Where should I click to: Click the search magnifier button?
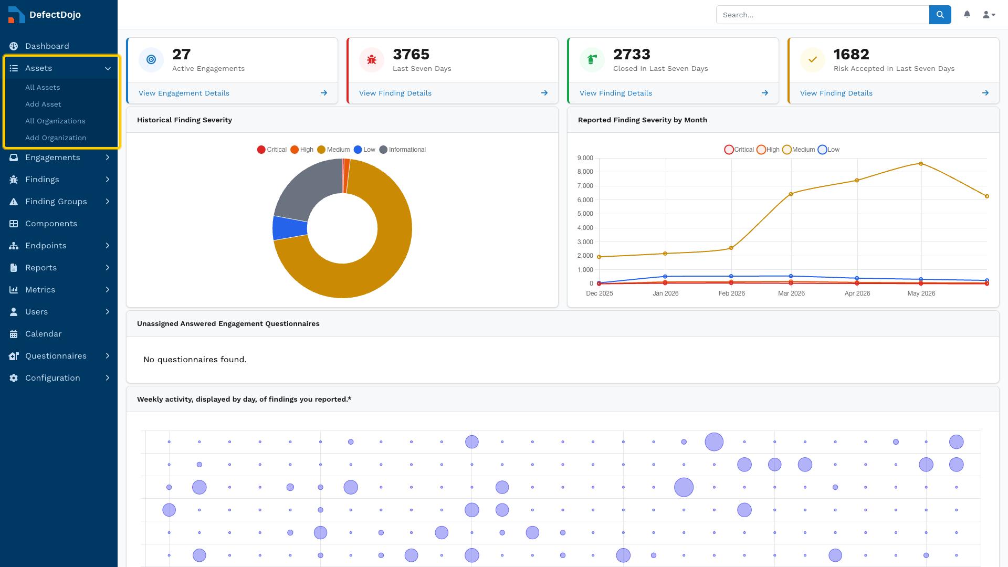click(x=940, y=15)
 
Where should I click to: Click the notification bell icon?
click(x=967, y=14)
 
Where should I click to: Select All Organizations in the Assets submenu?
click(x=55, y=121)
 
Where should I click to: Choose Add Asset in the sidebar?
click(x=43, y=104)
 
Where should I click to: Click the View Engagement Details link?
click(x=184, y=93)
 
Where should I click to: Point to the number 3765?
click(x=411, y=54)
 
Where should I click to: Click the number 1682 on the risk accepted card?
click(x=851, y=54)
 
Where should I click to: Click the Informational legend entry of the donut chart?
click(x=403, y=150)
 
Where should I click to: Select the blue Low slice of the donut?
click(x=289, y=228)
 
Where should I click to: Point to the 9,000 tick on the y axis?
click(x=585, y=158)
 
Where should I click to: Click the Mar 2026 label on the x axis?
click(x=791, y=293)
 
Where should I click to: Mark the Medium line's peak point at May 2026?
click(x=921, y=164)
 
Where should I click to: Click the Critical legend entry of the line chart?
click(x=739, y=150)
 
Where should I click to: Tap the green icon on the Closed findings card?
click(x=592, y=59)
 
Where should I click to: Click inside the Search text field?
click(x=823, y=15)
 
